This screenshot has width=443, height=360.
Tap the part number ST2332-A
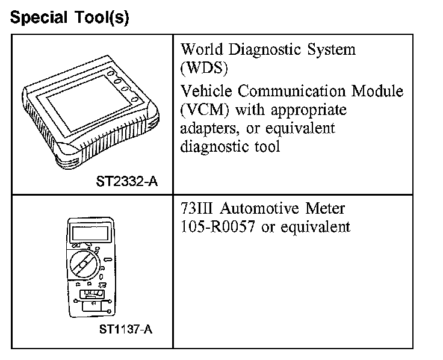(x=127, y=181)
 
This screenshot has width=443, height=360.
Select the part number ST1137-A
(x=128, y=329)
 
